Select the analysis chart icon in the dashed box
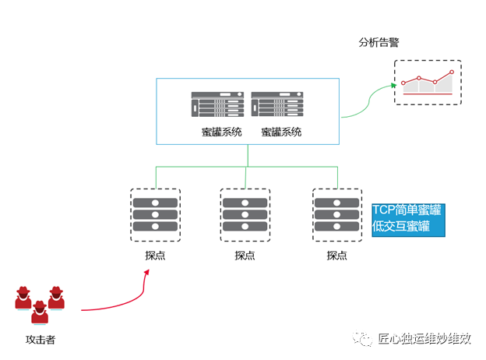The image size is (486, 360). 427,83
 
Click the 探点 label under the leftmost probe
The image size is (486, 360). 154,255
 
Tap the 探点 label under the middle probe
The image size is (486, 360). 245,255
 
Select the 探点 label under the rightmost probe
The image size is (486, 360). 336,255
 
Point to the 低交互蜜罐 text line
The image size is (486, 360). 401,227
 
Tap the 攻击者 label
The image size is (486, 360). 40,340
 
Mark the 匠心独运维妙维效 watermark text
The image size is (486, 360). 424,338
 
